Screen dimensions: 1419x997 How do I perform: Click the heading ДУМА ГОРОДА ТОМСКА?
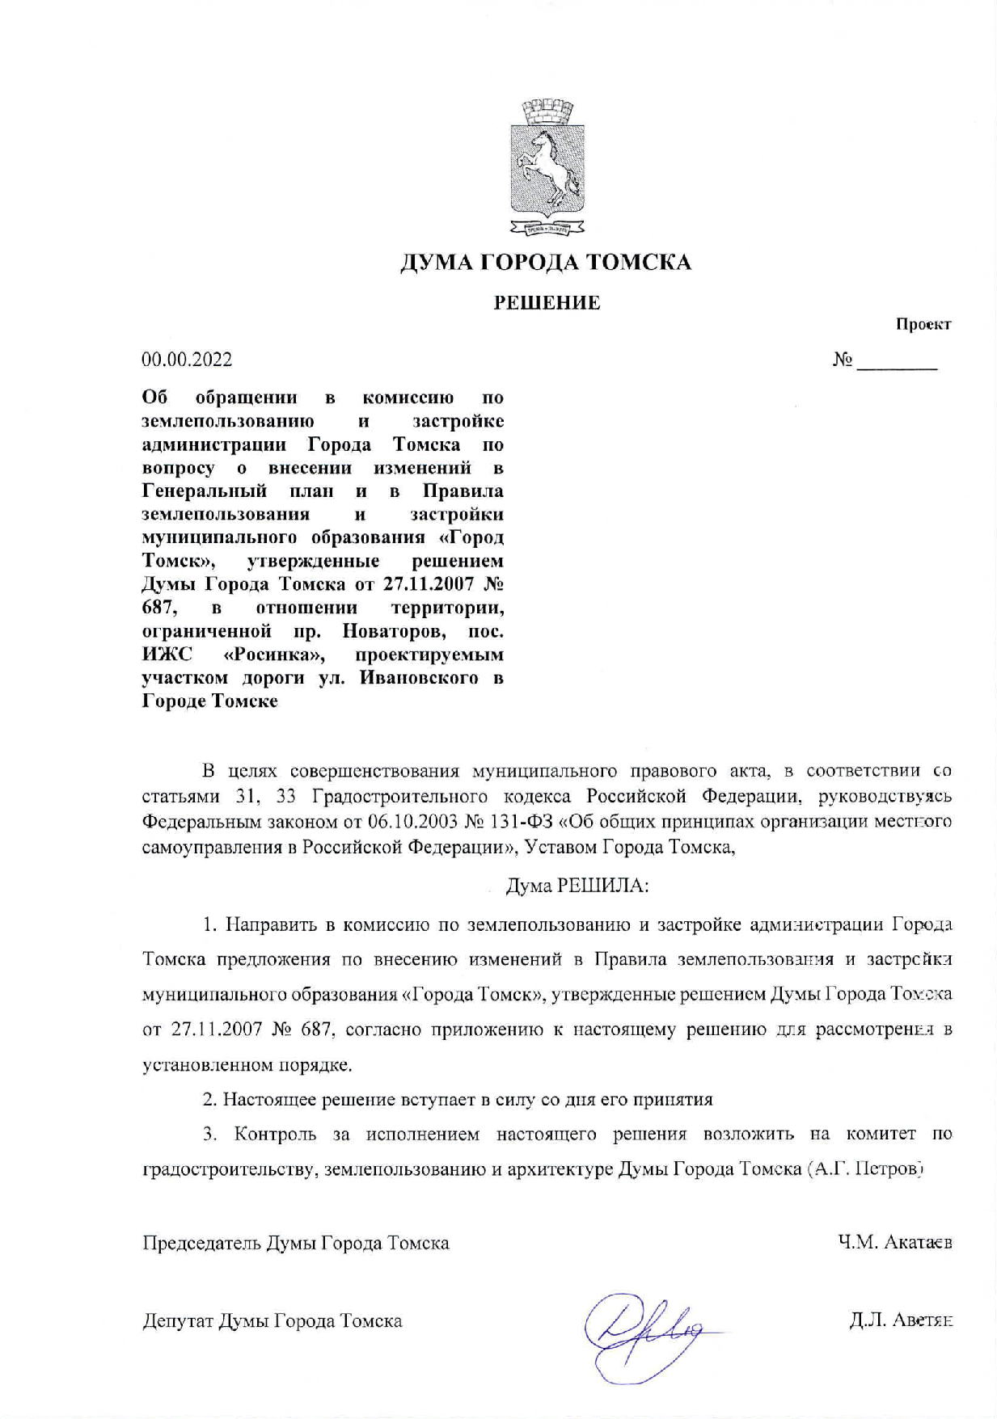click(547, 263)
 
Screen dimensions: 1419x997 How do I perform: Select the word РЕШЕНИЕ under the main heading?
click(547, 303)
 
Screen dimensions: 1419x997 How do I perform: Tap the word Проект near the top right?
click(923, 325)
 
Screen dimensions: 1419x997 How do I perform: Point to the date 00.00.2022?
click(187, 360)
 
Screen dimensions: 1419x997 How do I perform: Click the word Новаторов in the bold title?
click(395, 630)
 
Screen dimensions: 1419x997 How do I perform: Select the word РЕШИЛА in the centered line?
click(603, 886)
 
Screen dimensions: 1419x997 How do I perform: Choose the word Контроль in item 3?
click(275, 1134)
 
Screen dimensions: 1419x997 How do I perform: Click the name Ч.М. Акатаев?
click(895, 1242)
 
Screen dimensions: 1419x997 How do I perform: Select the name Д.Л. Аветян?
click(900, 1320)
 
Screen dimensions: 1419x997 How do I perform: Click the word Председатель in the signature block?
click(202, 1242)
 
